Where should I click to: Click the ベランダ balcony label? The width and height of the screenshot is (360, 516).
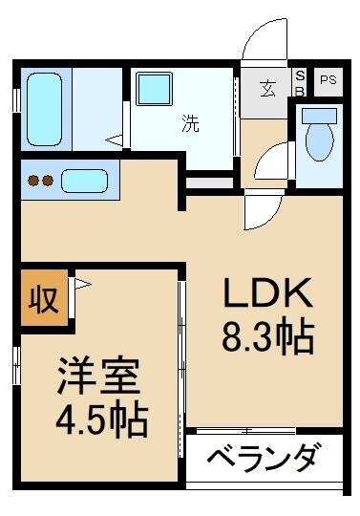260,459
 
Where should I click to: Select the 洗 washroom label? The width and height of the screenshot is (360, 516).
191,124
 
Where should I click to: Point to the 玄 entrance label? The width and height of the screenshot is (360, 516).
267,89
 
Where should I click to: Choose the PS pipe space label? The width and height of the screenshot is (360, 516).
328,79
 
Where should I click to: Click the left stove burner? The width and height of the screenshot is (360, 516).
33,180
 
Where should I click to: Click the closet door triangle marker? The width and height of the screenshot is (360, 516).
81,284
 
